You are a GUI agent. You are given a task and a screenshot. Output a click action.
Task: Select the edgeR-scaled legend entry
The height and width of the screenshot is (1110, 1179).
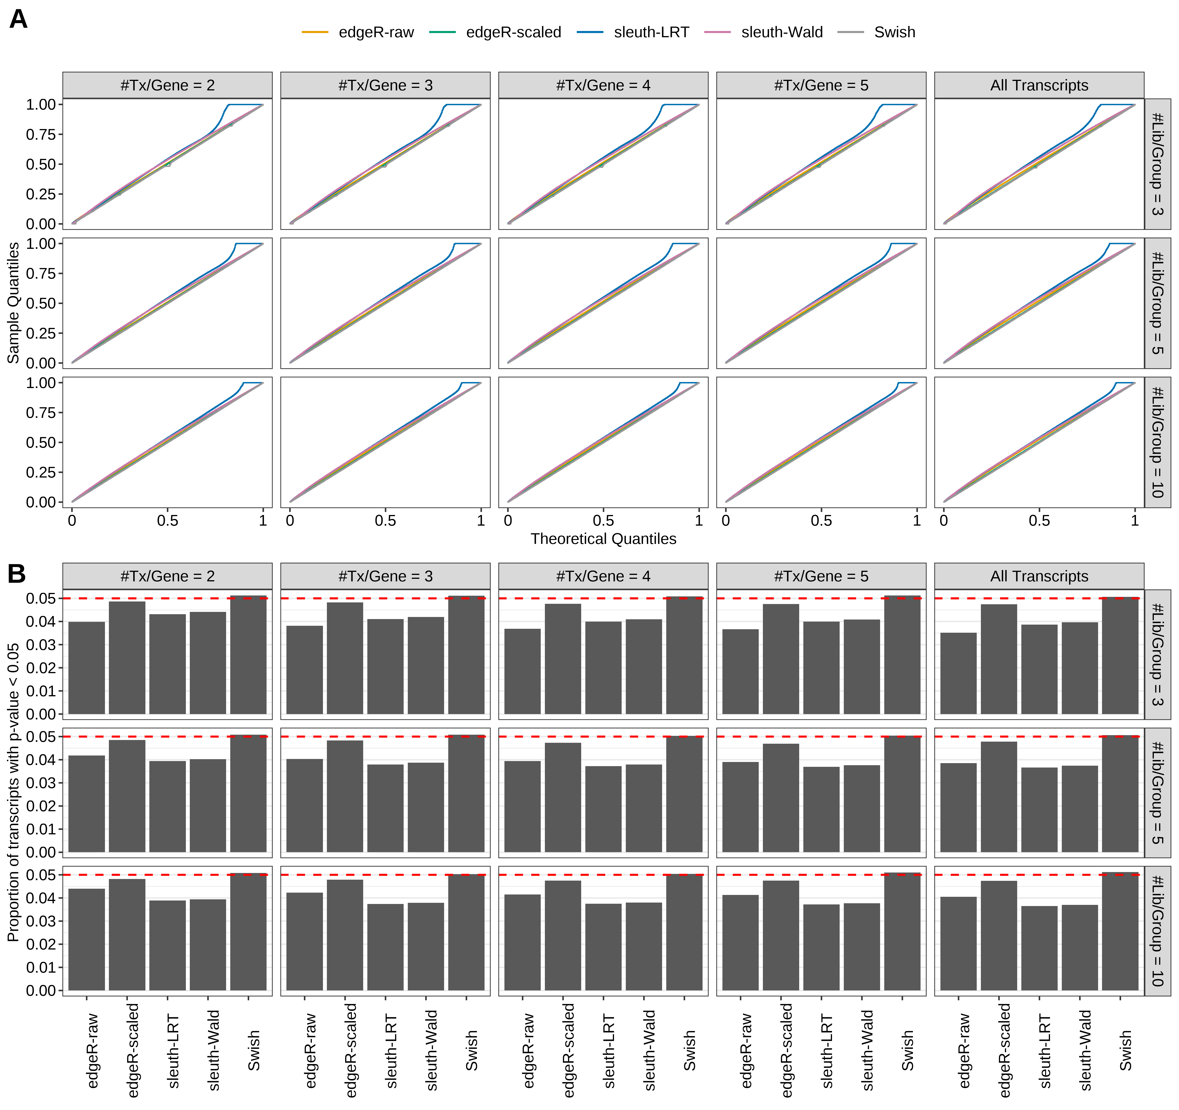coord(513,32)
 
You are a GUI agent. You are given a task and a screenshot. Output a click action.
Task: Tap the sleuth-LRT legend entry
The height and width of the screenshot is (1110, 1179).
coord(651,32)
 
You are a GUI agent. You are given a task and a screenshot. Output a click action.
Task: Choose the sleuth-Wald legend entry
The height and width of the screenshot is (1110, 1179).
coord(782,32)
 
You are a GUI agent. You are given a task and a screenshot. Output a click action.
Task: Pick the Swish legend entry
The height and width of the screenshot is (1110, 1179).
coord(894,32)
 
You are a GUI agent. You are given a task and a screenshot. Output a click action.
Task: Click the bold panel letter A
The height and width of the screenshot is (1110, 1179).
coord(18,20)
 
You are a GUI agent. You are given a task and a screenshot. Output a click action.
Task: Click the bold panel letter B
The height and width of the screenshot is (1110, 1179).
coord(17,574)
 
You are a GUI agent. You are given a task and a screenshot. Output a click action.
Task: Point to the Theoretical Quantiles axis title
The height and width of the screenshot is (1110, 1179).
coord(603,539)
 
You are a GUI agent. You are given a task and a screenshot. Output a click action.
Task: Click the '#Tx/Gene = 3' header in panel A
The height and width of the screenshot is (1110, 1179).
coord(386,85)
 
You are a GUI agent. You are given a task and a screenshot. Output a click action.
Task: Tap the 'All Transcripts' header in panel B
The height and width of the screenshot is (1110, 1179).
coord(1039,576)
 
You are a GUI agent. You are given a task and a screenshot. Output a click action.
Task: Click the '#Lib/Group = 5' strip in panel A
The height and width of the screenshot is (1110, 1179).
coord(1157,303)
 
